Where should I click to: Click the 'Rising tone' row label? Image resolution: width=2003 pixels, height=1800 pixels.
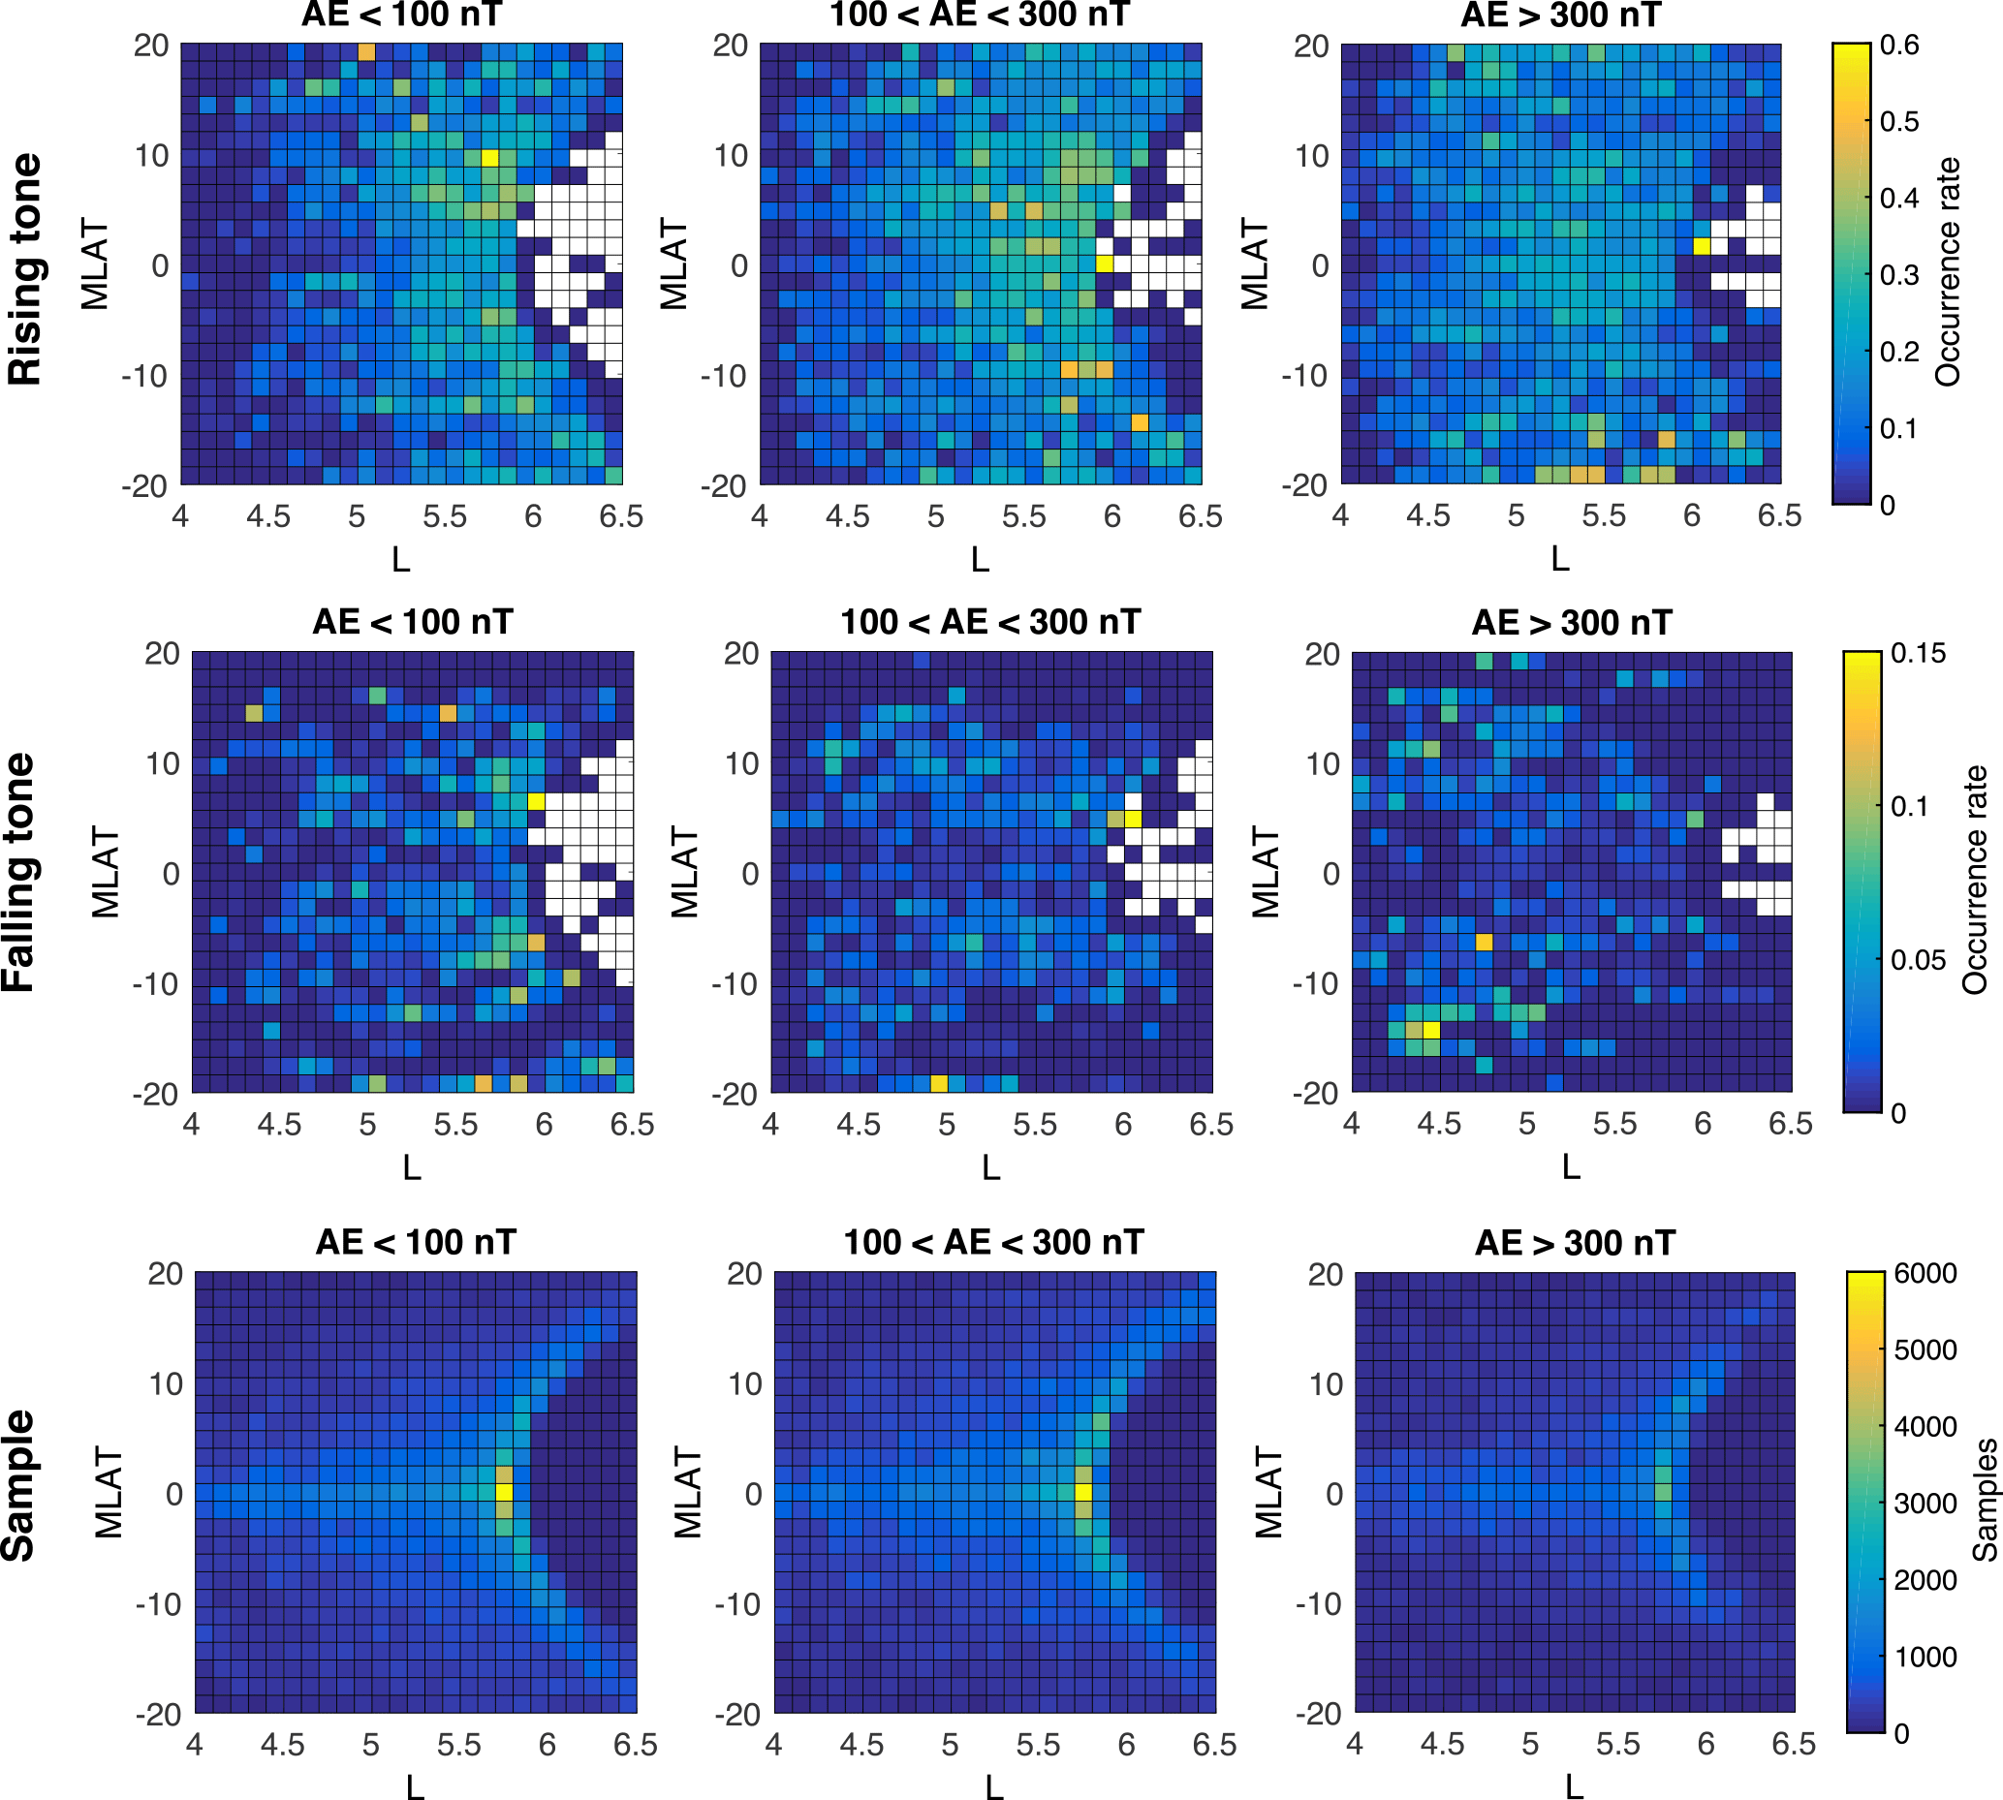pos(26,269)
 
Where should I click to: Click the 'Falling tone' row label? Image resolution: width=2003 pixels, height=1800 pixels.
pos(19,872)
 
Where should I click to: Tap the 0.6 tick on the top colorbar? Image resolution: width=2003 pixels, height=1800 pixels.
pos(1898,46)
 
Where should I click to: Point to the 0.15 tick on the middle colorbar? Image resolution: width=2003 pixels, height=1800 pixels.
pos(1917,654)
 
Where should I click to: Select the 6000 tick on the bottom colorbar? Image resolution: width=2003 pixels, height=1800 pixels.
pos(1925,1274)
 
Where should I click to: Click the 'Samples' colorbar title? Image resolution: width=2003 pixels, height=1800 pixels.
pos(1985,1500)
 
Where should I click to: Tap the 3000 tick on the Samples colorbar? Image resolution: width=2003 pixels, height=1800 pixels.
pos(1925,1504)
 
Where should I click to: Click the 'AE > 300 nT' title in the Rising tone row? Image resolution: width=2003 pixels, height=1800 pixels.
pos(1560,16)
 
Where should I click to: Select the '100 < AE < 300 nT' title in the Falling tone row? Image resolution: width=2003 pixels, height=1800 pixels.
pos(990,622)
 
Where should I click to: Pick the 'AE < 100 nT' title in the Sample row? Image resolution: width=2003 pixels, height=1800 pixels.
pos(416,1242)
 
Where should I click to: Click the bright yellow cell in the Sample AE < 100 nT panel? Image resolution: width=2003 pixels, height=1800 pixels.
pos(505,1493)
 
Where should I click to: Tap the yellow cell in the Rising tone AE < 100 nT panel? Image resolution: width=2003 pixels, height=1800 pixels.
pos(489,157)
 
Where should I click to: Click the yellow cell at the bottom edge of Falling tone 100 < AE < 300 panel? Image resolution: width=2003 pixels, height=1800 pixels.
pos(939,1083)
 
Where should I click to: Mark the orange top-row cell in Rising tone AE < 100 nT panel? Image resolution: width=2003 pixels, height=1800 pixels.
pos(366,51)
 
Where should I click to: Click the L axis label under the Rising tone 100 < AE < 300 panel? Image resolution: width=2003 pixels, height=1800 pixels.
pos(980,560)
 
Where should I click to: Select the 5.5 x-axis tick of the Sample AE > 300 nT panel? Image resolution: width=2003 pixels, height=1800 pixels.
pos(1617,1744)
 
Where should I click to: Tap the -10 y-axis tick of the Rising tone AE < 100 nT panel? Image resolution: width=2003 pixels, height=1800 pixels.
pos(145,377)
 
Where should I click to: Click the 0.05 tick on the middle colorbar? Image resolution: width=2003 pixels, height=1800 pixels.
pos(1918,960)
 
